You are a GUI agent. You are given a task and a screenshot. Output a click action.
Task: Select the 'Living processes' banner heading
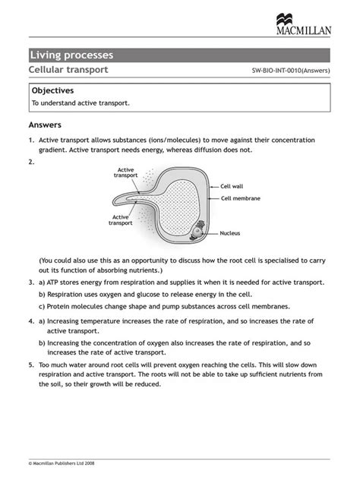71,55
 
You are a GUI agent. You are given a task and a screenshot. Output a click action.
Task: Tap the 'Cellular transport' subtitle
68,70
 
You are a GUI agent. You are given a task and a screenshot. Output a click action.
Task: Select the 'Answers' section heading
45,125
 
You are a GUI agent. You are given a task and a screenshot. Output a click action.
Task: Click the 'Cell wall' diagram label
232,185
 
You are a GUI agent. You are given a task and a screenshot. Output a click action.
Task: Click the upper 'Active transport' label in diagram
126,172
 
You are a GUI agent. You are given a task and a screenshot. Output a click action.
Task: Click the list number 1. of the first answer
32,141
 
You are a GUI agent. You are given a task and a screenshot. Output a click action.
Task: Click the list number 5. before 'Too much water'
32,364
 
